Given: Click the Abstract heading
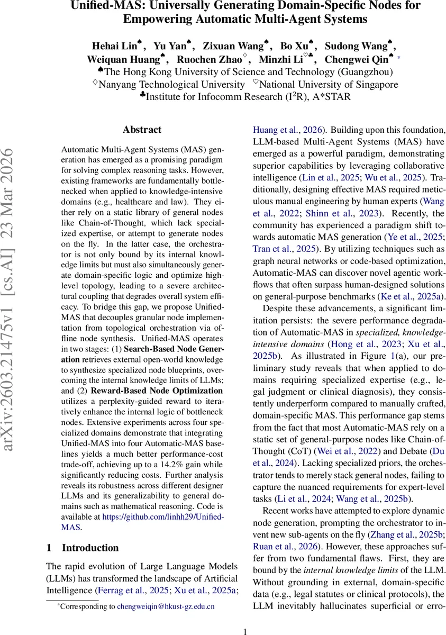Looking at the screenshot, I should (x=142, y=130).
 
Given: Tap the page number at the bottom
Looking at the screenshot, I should (x=245, y=631).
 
